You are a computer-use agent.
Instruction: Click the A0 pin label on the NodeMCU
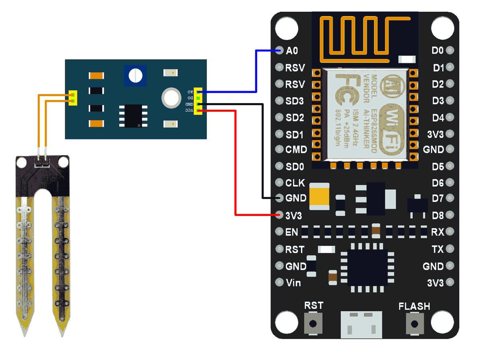(292, 51)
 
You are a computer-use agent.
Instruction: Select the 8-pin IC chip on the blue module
(133, 116)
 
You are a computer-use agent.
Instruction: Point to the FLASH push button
(414, 323)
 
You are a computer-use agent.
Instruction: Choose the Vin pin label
(293, 283)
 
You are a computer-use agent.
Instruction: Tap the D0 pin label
(438, 51)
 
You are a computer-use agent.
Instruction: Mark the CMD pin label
(296, 149)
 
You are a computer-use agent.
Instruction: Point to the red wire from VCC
(235, 161)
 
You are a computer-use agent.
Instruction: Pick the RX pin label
(438, 232)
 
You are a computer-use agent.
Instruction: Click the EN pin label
(292, 232)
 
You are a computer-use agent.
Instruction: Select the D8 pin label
(438, 215)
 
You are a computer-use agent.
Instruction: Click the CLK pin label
(295, 183)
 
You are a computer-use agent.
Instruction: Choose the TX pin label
(438, 249)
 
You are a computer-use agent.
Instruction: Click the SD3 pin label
(294, 101)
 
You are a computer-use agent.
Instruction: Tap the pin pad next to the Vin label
(279, 282)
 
